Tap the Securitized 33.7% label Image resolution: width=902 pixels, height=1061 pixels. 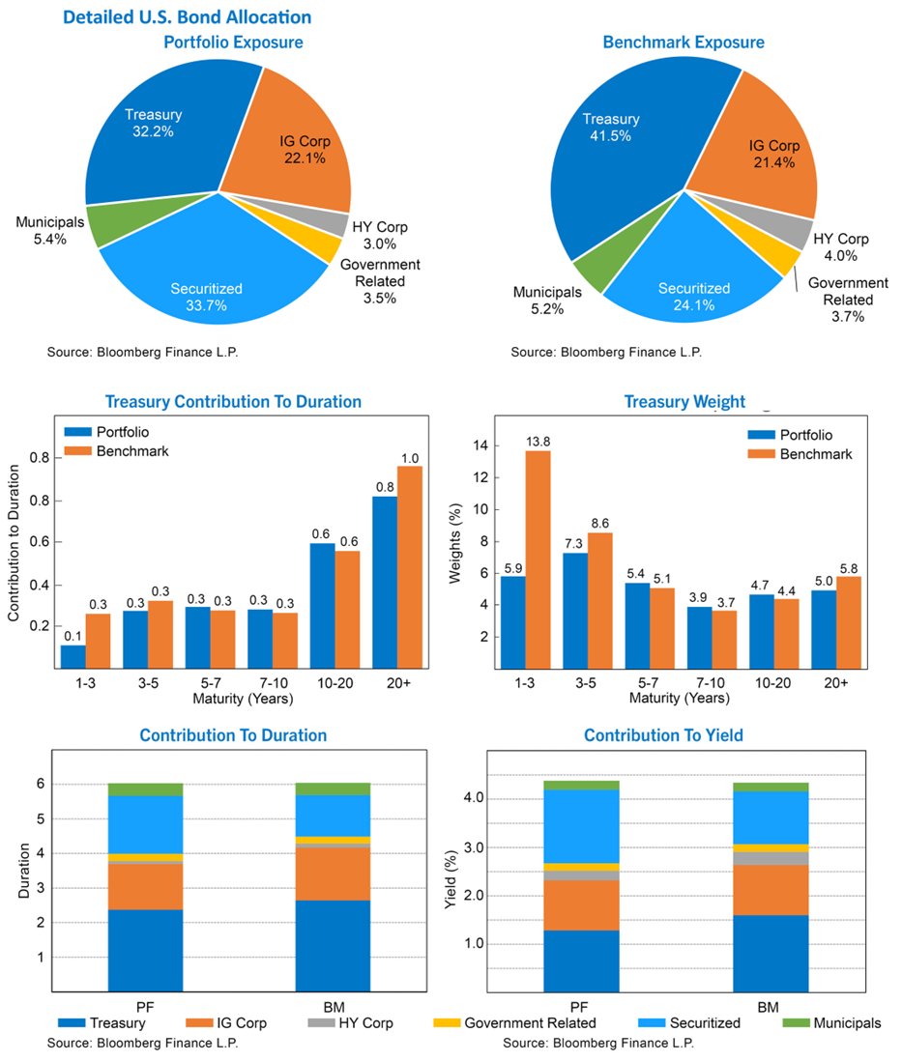(206, 296)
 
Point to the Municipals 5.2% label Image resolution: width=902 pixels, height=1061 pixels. (547, 300)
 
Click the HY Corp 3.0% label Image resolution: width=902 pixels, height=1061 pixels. (380, 235)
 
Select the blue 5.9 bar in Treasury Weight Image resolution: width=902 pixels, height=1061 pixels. (512, 622)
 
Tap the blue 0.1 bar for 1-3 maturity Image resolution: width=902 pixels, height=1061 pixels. (73, 656)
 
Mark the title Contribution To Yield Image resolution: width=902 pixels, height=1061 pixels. (663, 735)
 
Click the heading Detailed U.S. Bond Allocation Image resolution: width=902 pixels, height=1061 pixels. (188, 17)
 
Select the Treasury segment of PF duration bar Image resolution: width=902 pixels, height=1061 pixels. (145, 950)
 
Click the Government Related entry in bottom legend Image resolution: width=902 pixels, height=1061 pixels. (516, 1022)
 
